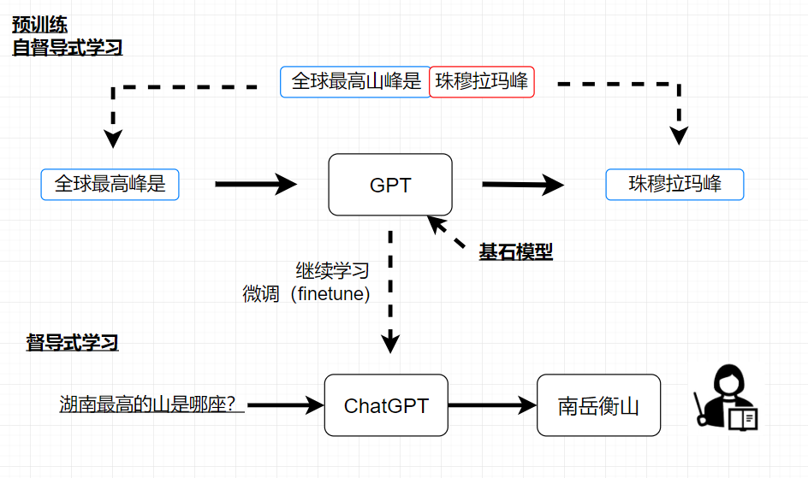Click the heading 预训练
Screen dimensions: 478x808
[x=39, y=24]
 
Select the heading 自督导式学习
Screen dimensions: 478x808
[x=67, y=47]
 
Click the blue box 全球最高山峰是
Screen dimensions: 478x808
[x=355, y=82]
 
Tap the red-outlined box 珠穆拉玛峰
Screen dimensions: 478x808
[x=481, y=82]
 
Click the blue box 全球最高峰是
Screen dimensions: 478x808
[x=110, y=184]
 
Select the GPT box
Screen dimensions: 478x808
[x=390, y=185]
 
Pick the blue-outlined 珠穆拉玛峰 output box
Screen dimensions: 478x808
[x=674, y=184]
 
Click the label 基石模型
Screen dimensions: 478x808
[x=515, y=252]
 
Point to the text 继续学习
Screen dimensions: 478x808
[x=332, y=271]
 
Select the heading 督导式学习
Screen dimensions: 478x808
[x=72, y=344]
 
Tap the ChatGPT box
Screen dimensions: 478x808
[x=386, y=405]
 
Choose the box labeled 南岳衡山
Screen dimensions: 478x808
[x=598, y=405]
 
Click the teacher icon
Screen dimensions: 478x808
[x=724, y=398]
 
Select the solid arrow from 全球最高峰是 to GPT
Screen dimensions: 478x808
[x=254, y=184]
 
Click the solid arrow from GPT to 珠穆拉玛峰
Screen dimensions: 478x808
[x=522, y=184]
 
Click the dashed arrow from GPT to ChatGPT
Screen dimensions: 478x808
[x=390, y=291]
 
